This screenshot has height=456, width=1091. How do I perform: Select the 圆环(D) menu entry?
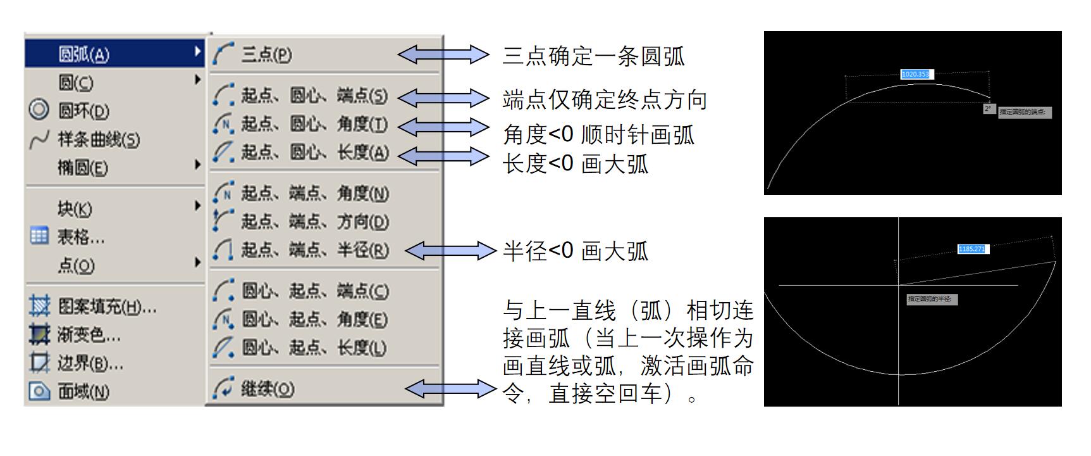[83, 111]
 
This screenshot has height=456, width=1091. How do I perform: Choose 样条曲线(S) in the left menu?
[99, 139]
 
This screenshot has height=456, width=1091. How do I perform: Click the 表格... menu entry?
[81, 237]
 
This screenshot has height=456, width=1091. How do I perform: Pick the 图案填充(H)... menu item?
[107, 307]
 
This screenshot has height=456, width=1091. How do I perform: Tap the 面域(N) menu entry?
[83, 391]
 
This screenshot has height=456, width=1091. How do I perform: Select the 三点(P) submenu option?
[266, 54]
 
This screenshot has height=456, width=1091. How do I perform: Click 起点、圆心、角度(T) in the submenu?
[314, 124]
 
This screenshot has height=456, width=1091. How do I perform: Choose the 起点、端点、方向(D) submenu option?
[314, 222]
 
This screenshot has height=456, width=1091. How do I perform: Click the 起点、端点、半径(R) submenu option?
[314, 250]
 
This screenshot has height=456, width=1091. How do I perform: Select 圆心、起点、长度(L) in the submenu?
[314, 348]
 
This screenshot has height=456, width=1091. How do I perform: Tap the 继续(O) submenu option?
[268, 388]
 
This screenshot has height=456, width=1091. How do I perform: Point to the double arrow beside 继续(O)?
[450, 388]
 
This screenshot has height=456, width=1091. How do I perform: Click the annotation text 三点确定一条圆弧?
[593, 56]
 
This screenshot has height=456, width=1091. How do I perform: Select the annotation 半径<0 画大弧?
[576, 251]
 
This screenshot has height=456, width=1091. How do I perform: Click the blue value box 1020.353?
[915, 74]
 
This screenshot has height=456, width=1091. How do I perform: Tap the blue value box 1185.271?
[972, 249]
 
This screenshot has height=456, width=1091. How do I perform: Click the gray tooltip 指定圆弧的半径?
[932, 299]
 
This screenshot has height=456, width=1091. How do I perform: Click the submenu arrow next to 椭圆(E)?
[197, 165]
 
